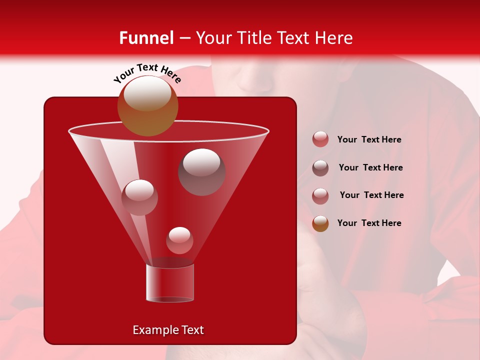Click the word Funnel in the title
pos(146,38)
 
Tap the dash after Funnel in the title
pos(184,38)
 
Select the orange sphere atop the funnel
pos(147,106)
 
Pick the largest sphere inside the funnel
pos(201,171)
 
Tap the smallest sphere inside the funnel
pos(179,240)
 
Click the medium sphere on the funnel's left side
pos(139,197)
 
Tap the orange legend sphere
pos(320,223)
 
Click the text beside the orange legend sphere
pos(369,223)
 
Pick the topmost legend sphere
pos(320,139)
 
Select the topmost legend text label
pos(369,139)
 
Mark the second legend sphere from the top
pos(320,168)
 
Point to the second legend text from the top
pos(370,167)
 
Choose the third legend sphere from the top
pos(320,196)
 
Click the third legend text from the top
pos(371,195)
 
